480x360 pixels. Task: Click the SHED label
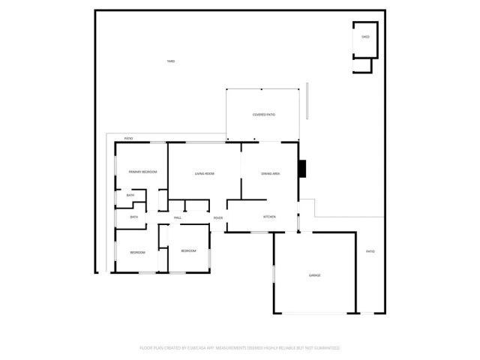click(365, 36)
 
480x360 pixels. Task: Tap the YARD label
click(171, 61)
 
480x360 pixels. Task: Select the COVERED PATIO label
click(263, 115)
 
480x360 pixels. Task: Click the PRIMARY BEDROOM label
click(142, 172)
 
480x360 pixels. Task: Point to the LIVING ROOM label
click(205, 174)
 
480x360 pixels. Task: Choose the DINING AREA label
click(271, 174)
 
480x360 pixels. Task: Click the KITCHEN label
click(270, 217)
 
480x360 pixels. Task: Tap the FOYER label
click(217, 217)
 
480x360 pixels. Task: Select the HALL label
click(178, 217)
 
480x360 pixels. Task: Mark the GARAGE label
click(315, 275)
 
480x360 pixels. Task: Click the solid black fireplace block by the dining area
click(302, 169)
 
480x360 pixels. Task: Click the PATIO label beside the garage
click(370, 251)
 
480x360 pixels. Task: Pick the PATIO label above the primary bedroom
click(128, 138)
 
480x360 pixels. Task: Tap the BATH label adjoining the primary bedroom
click(130, 196)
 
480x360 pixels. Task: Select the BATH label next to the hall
click(134, 217)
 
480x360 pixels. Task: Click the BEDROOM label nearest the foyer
click(188, 250)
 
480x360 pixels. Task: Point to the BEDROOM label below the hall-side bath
click(137, 252)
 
